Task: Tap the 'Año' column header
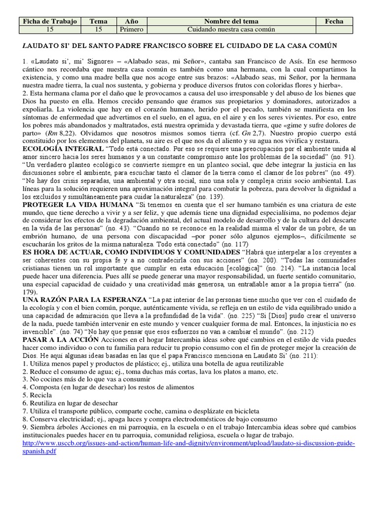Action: [132, 21]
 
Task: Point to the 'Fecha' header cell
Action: [335, 21]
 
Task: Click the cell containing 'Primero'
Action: [132, 30]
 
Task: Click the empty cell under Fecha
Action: [335, 30]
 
